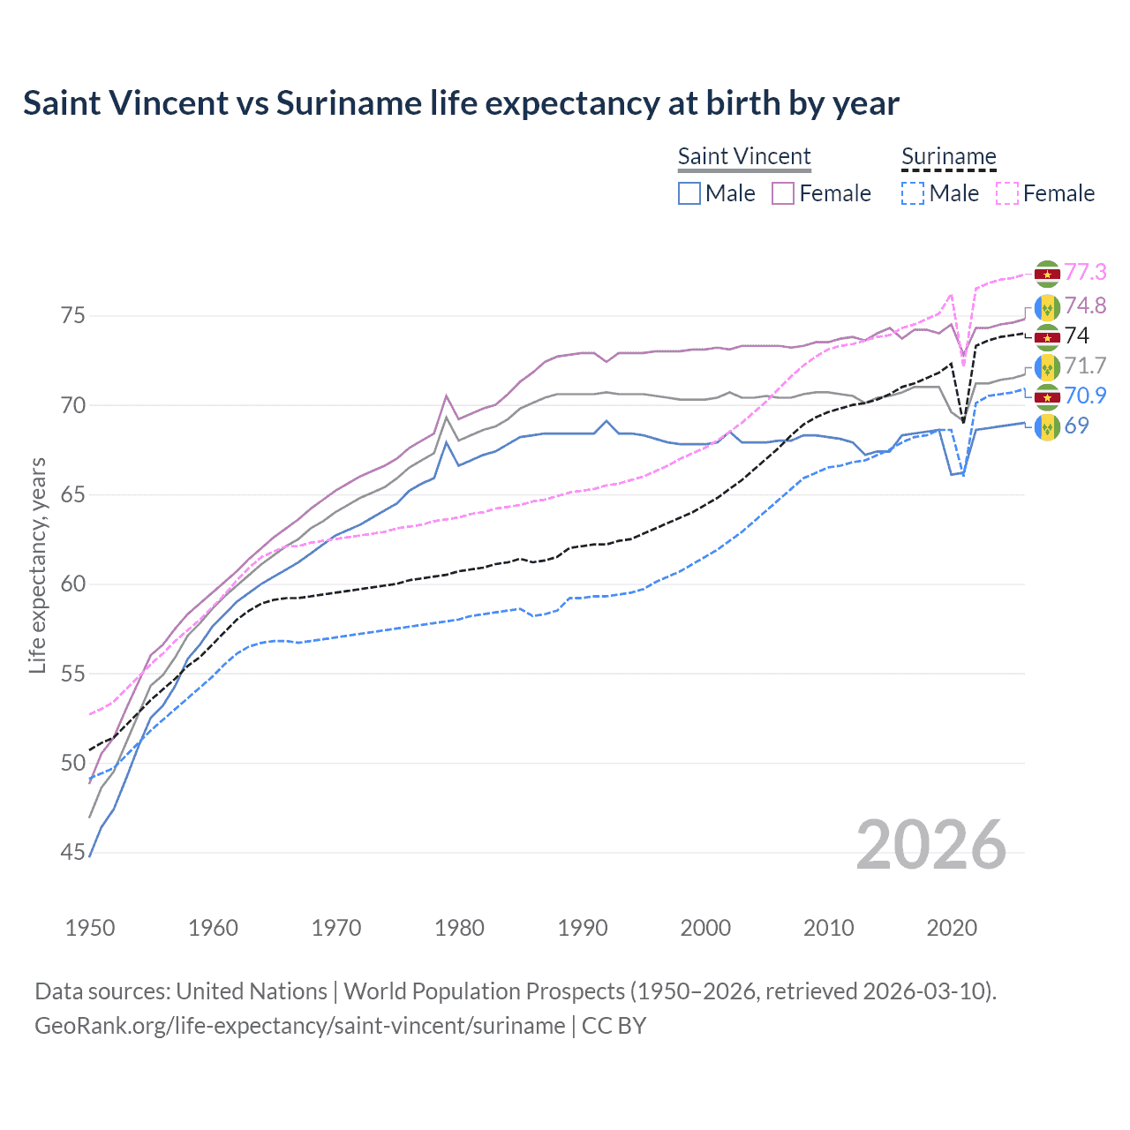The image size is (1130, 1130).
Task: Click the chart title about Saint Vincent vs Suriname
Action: (461, 103)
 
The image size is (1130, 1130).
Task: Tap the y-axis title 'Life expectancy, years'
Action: (37, 565)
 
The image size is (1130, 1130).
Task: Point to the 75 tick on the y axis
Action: (73, 316)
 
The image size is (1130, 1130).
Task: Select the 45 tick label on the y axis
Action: (73, 853)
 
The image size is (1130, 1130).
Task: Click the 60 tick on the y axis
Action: (73, 584)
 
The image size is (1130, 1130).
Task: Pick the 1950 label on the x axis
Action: (90, 928)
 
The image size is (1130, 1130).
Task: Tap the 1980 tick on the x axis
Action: (460, 928)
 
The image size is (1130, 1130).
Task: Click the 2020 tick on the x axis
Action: (952, 928)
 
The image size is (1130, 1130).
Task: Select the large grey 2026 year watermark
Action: (930, 845)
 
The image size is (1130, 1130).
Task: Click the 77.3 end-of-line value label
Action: (1085, 273)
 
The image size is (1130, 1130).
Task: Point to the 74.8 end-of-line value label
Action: (1085, 305)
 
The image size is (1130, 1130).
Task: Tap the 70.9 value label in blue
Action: (1085, 395)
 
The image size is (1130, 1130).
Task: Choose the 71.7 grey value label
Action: (1085, 365)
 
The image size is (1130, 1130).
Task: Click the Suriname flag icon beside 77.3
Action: (1047, 274)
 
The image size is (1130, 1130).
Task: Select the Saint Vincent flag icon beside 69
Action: (1047, 427)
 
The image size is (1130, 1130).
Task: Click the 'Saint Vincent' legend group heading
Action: (744, 156)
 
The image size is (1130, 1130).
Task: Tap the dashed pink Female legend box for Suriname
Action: (1007, 193)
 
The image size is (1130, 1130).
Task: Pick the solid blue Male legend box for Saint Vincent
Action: (689, 193)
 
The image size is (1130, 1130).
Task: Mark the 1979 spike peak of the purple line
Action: (447, 395)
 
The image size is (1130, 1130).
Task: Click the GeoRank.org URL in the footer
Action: (300, 1026)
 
